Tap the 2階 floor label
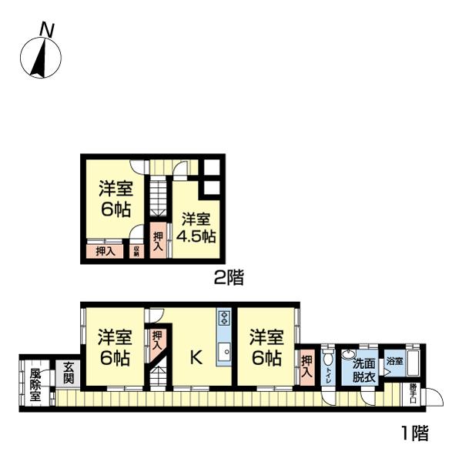(x=229, y=278)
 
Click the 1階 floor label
(x=413, y=434)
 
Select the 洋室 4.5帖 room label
(x=196, y=227)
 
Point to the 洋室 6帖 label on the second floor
(x=114, y=199)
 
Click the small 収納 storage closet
(x=137, y=249)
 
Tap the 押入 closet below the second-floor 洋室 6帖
(x=105, y=250)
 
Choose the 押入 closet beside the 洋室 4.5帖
(x=158, y=240)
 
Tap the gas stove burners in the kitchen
(x=225, y=319)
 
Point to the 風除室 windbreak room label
(x=35, y=385)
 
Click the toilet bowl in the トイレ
(x=328, y=359)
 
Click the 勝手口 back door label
(x=414, y=390)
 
